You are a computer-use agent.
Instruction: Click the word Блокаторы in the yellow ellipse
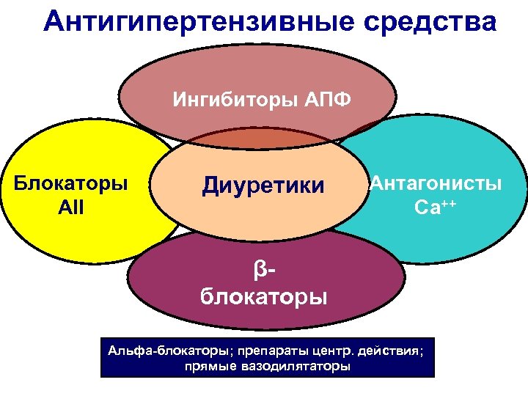(70, 183)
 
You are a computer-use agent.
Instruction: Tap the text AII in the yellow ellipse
(70, 207)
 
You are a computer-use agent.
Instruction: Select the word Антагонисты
(436, 183)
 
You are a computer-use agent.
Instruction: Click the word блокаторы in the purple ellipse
(264, 297)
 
